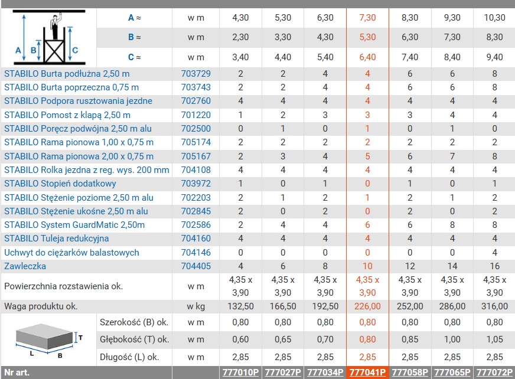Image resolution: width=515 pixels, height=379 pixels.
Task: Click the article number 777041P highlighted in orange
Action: pos(367,373)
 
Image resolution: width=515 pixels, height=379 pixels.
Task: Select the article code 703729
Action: pos(195,73)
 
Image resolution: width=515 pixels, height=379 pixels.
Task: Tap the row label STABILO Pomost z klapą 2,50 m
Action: pos(67,115)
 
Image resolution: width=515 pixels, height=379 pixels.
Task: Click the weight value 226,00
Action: pos(367,306)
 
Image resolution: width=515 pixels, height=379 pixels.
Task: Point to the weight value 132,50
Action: pos(240,306)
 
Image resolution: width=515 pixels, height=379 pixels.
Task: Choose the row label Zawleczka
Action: pos(25,266)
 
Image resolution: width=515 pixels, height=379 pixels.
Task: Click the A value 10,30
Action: pos(495,18)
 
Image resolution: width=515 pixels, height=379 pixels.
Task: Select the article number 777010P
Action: pos(240,373)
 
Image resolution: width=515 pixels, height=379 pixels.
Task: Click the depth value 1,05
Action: pos(495,339)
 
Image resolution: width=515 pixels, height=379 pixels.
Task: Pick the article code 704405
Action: pos(195,266)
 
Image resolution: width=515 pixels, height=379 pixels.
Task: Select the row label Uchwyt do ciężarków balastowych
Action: pos(71,252)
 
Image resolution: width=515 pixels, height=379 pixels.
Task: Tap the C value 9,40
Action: pos(495,57)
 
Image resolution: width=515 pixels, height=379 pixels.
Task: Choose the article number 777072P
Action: pos(495,373)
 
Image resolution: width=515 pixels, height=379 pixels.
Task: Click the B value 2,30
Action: pos(240,37)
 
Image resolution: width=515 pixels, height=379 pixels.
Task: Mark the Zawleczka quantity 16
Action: pos(495,266)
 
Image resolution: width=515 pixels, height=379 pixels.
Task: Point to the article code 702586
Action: pos(195,225)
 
